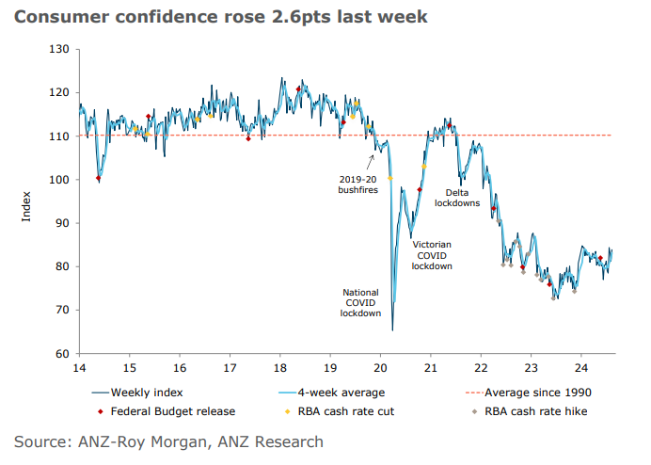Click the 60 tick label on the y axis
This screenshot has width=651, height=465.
[x=62, y=354]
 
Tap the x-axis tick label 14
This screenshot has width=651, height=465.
[x=80, y=369]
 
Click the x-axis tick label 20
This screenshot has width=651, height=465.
[x=380, y=369]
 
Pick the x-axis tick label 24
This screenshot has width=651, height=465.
[x=580, y=369]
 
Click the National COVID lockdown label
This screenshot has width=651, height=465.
[x=361, y=302]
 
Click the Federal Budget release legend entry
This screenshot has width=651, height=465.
[x=170, y=410]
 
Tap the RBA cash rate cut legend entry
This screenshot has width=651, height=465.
[x=348, y=410]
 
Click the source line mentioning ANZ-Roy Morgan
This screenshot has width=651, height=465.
[x=168, y=441]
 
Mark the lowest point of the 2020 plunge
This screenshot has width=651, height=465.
[x=392, y=330]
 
